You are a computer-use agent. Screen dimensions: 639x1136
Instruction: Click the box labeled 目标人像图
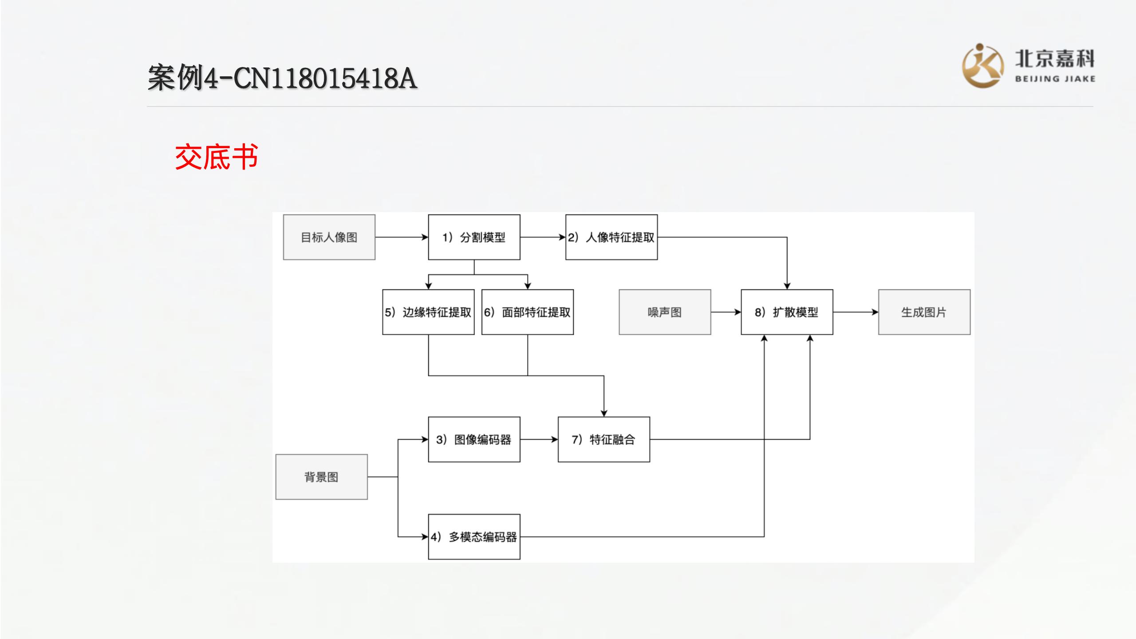[329, 237]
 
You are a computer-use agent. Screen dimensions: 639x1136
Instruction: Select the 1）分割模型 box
[474, 237]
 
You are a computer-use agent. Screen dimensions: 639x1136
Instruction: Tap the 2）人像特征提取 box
[611, 237]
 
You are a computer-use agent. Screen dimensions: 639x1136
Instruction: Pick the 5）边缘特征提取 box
[428, 312]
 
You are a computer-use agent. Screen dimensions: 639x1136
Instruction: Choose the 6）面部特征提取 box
[527, 312]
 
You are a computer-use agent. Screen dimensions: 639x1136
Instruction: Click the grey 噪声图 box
[665, 312]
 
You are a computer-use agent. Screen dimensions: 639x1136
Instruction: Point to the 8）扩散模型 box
[787, 312]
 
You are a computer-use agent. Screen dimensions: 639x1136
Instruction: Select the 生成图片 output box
[924, 312]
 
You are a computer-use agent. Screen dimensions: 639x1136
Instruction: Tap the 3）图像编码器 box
[474, 439]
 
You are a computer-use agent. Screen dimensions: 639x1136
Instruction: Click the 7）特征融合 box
[603, 439]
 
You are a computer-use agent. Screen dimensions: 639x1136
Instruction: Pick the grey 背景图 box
[321, 477]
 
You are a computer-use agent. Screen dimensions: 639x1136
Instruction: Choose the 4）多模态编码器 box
[474, 537]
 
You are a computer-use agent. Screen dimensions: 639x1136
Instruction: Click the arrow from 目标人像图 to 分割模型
[402, 237]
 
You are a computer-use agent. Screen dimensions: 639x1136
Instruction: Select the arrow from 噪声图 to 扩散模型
[726, 312]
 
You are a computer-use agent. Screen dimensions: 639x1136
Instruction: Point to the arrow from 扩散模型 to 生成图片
[856, 312]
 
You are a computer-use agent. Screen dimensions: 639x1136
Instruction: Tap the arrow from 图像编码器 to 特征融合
[539, 439]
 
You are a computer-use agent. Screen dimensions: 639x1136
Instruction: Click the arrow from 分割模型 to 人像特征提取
[543, 237]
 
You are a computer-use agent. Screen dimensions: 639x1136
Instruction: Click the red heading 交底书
[217, 157]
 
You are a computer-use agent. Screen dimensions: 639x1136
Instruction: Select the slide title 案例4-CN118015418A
[282, 78]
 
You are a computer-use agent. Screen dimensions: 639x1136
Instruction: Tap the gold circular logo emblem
[982, 66]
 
